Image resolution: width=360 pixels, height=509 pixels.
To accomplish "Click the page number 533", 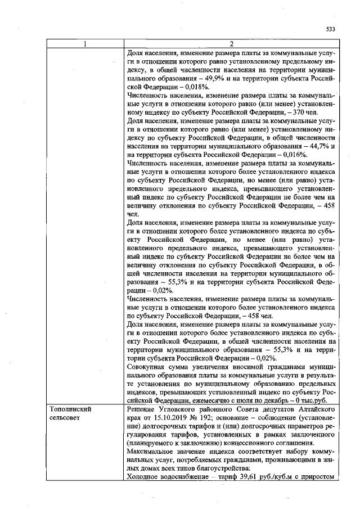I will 330,29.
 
